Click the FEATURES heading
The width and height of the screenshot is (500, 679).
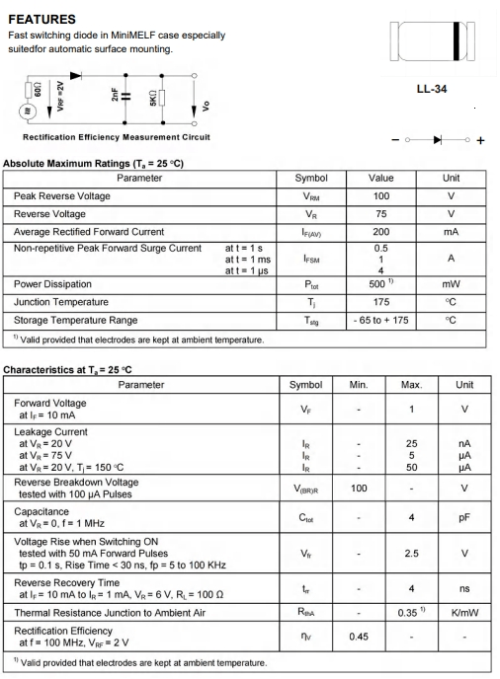click(x=41, y=19)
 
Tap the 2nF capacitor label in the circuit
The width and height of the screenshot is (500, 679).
click(x=114, y=96)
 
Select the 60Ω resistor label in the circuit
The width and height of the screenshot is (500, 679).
click(x=39, y=95)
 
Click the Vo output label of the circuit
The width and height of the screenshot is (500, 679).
click(x=205, y=104)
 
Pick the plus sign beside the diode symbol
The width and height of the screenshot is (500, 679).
click(x=482, y=140)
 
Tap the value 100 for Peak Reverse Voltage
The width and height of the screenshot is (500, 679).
click(x=380, y=196)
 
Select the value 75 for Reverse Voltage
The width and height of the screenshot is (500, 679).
click(x=380, y=213)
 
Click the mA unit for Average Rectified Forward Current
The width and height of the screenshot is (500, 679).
click(x=451, y=231)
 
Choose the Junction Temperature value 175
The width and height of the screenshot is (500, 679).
click(x=380, y=302)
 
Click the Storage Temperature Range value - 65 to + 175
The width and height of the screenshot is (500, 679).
click(x=380, y=320)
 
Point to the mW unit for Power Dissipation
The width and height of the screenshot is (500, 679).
click(x=451, y=284)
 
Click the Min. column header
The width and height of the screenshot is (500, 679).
click(x=359, y=385)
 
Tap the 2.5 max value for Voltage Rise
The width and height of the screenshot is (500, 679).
click(x=412, y=554)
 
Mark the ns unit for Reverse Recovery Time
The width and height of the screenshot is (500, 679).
click(x=463, y=589)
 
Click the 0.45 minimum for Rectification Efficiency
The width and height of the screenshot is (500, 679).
click(x=359, y=637)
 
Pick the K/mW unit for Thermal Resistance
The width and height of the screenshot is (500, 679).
click(x=463, y=613)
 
